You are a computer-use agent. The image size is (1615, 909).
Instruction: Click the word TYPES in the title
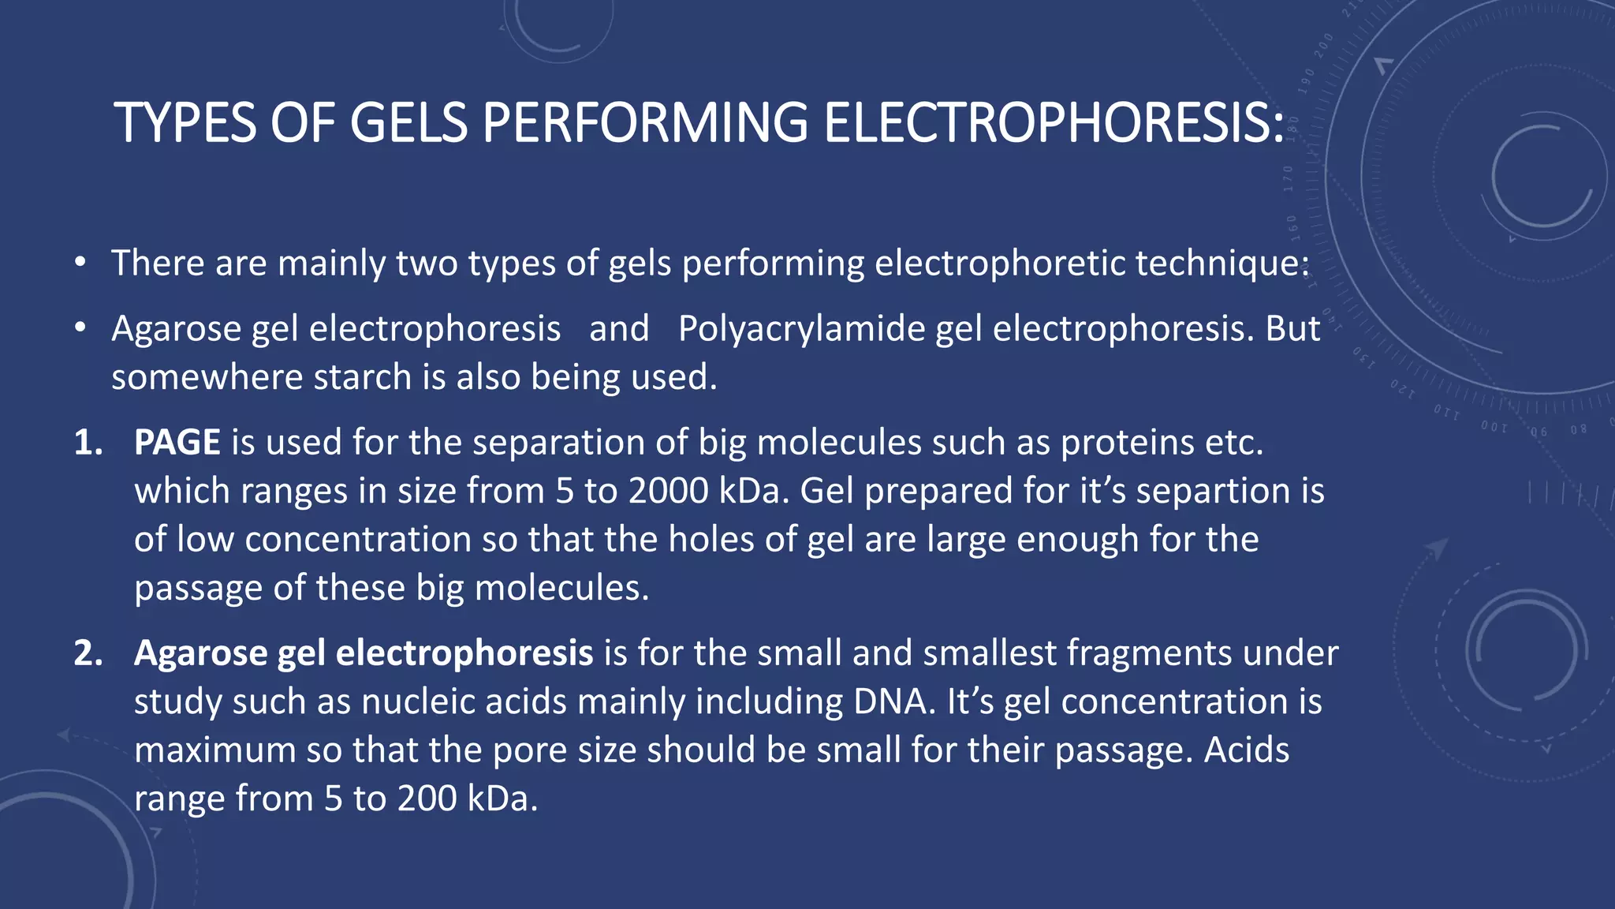tap(185, 123)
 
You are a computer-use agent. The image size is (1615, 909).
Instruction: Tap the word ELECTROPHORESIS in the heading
tap(1054, 123)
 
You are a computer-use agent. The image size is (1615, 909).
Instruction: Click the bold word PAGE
tap(177, 443)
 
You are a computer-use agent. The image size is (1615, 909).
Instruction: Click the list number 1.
tap(88, 443)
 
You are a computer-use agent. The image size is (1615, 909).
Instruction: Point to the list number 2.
tap(88, 653)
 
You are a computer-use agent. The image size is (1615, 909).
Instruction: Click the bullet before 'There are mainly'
tap(80, 264)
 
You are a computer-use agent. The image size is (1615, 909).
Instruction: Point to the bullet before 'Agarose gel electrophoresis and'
tap(80, 329)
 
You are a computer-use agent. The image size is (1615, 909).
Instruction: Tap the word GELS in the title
tap(408, 123)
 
